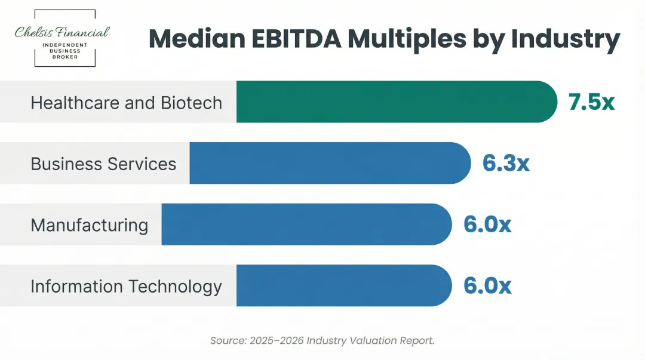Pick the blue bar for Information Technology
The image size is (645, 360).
tap(343, 286)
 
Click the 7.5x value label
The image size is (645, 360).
tap(591, 102)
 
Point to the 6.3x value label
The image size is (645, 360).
tap(506, 163)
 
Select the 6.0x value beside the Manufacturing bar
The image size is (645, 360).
tap(487, 224)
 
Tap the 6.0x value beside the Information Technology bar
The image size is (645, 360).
tap(487, 286)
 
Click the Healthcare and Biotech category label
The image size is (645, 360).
tap(126, 103)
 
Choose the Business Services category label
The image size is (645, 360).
tap(103, 164)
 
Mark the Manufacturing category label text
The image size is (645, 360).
tap(89, 225)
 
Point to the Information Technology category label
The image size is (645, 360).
tap(126, 287)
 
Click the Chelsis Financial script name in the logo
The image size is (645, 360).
tap(63, 32)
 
